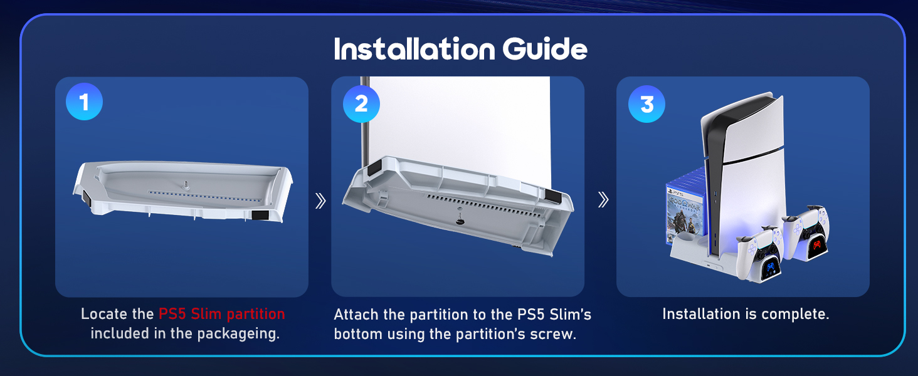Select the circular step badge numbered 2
click(361, 103)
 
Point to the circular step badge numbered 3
click(646, 103)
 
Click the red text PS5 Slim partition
click(221, 314)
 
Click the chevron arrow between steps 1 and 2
click(320, 201)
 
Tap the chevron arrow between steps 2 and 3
click(603, 200)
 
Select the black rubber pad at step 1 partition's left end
click(86, 201)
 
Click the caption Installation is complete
click(746, 314)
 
